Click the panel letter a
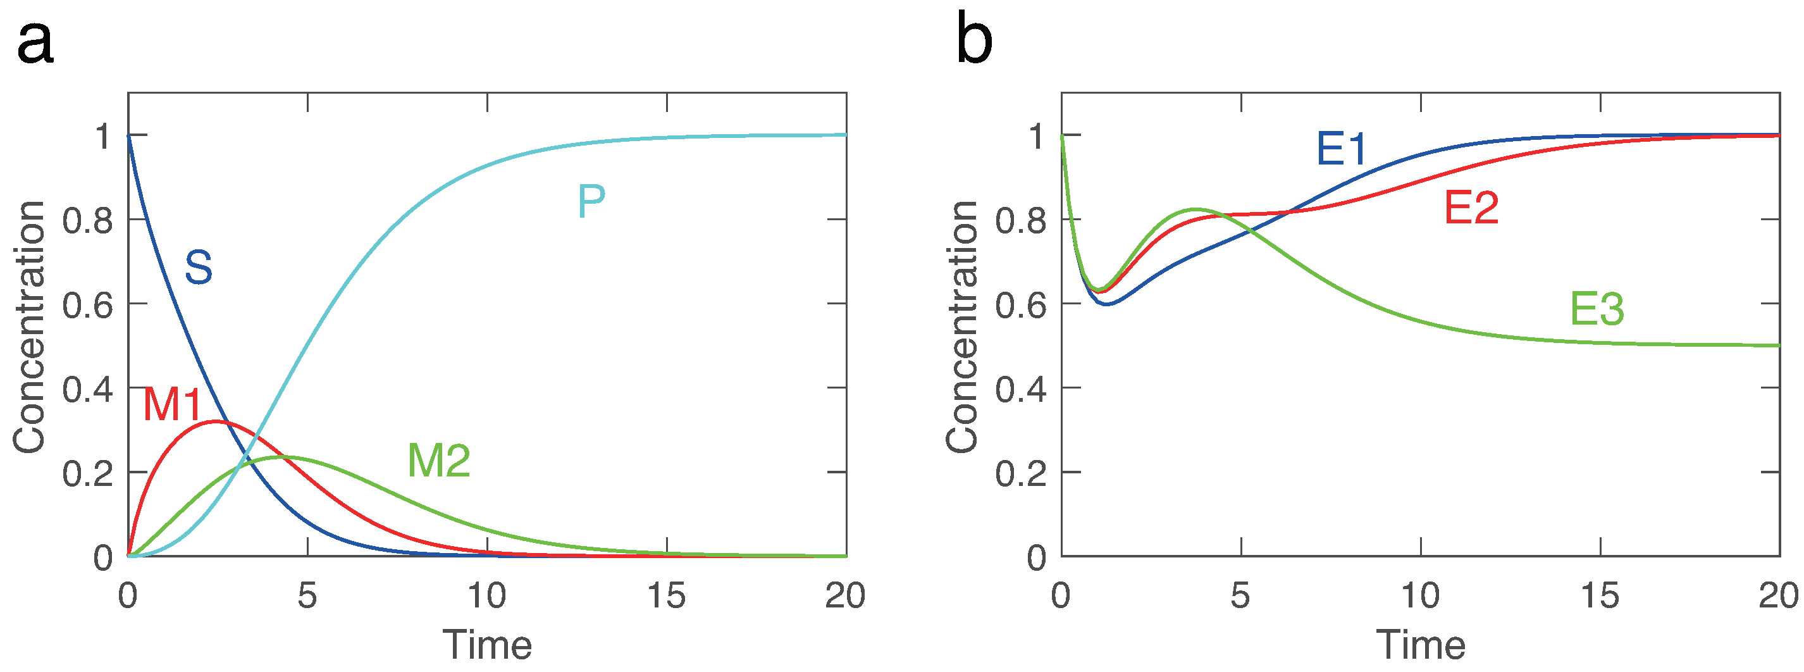pyautogui.click(x=35, y=44)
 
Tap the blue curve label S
pyautogui.click(x=198, y=267)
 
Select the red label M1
pyautogui.click(x=172, y=404)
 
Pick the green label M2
pyautogui.click(x=439, y=461)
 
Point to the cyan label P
pyautogui.click(x=591, y=202)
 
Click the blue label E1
pyautogui.click(x=1341, y=149)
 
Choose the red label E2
pyautogui.click(x=1471, y=208)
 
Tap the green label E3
pyautogui.click(x=1597, y=309)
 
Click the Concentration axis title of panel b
pyautogui.click(x=961, y=327)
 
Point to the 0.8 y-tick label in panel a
pyautogui.click(x=87, y=221)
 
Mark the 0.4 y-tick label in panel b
pyautogui.click(x=1021, y=390)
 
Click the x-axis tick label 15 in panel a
pyautogui.click(x=666, y=596)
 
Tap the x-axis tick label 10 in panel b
pyautogui.click(x=1420, y=596)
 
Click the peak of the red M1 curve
pyautogui.click(x=215, y=421)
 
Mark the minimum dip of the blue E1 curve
pyautogui.click(x=1106, y=304)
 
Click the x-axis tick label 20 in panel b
pyautogui.click(x=1778, y=596)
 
